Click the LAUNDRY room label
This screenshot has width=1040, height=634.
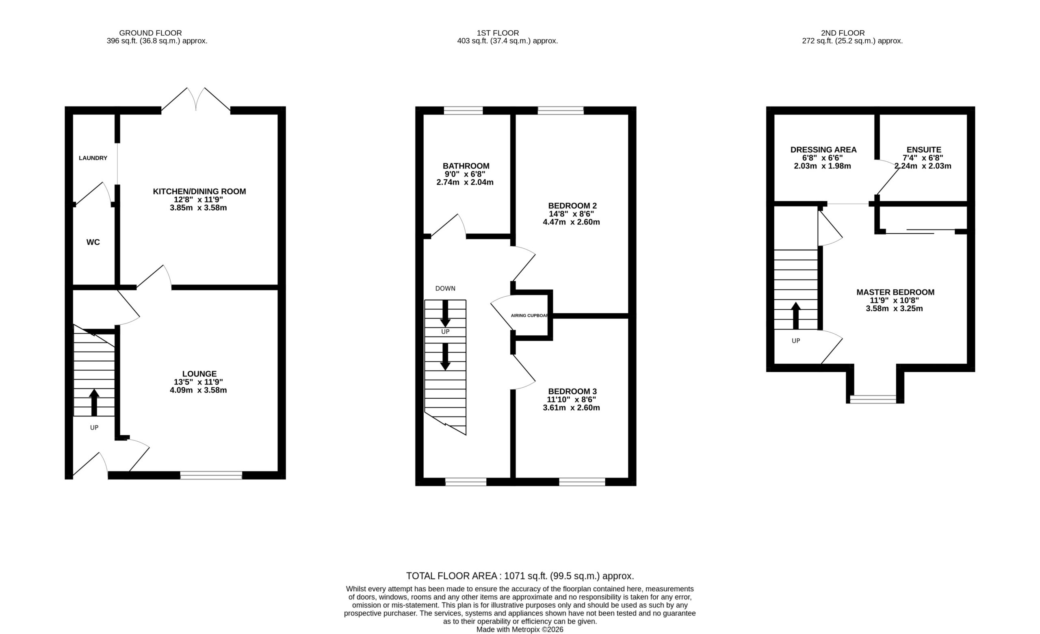point(93,158)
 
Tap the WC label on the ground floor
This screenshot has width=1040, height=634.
point(93,242)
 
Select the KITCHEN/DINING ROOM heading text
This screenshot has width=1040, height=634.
point(199,191)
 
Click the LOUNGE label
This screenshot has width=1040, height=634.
point(199,373)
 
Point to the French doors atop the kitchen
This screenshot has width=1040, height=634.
point(196,100)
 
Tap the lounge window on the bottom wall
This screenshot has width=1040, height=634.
point(211,475)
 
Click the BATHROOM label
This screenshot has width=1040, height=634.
point(466,166)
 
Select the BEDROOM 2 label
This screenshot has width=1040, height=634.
point(572,206)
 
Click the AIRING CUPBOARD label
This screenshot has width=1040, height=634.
point(529,315)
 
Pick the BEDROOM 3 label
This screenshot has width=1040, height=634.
point(572,391)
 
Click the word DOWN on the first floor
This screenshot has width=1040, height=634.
point(445,288)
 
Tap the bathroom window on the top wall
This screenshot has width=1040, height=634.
point(463,111)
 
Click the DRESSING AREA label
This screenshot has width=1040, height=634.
point(823,150)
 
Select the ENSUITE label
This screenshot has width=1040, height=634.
point(924,150)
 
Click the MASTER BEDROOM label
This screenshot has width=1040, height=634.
point(895,292)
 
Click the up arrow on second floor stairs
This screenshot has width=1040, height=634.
point(795,315)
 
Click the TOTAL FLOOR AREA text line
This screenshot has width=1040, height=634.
point(520,576)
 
